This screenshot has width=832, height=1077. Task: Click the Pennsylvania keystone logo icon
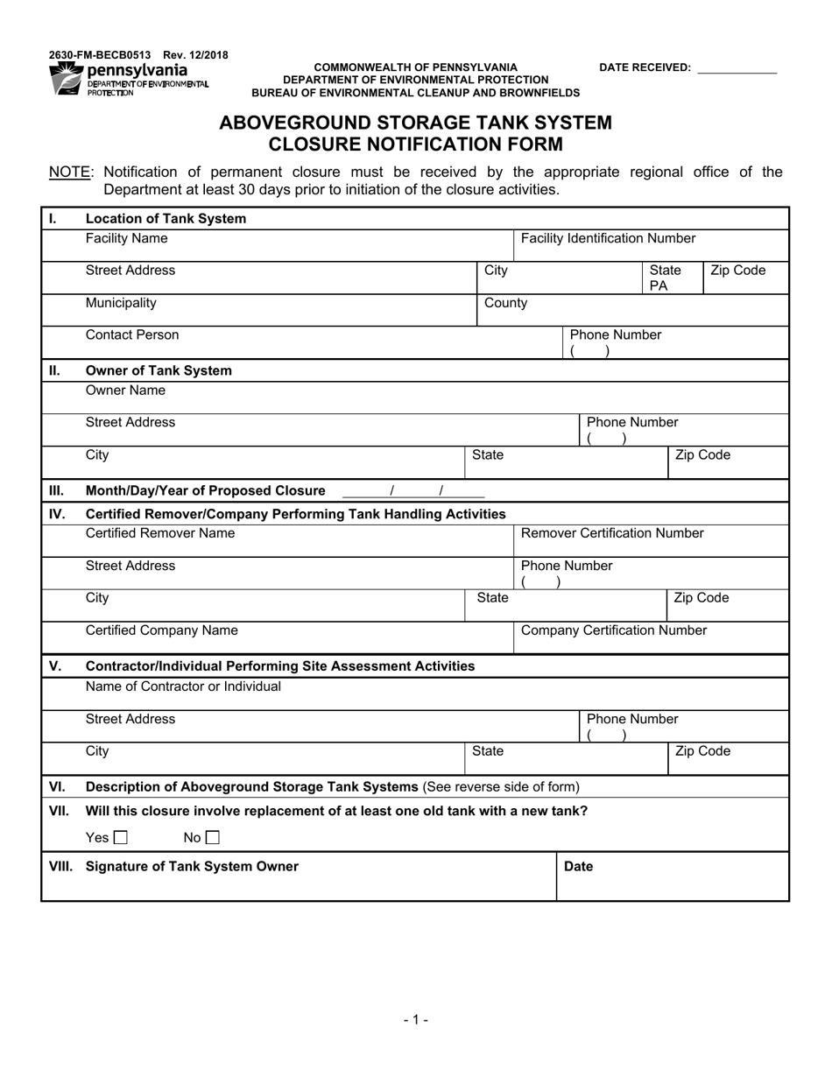coord(67,79)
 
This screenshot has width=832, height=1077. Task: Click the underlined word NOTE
coord(69,172)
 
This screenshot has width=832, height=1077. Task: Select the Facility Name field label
coord(126,238)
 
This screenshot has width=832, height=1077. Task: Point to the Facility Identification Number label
coord(608,238)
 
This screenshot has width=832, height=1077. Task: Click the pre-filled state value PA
coord(659,285)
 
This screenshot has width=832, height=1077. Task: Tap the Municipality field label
coord(121,303)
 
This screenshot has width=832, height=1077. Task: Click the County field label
coord(505,303)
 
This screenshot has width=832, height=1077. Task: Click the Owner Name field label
coord(125,391)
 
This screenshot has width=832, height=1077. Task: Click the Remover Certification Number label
coord(612,533)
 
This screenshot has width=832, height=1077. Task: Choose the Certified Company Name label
coord(161,630)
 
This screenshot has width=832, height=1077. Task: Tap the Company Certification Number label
coord(613,630)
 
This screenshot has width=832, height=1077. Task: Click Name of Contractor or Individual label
coord(183,686)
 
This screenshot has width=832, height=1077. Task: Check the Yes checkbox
coord(121,838)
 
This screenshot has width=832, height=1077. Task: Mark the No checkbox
coord(213,838)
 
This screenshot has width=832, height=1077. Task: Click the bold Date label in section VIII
coord(578,866)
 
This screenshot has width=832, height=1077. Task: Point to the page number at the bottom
coord(415,1019)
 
